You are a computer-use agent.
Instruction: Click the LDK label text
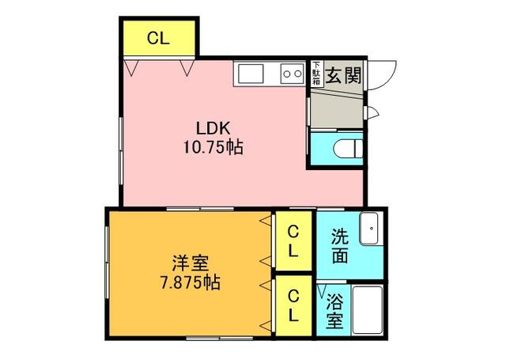tap(213, 128)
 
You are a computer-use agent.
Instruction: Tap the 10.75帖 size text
tap(213, 147)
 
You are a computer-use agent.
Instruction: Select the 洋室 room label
tap(191, 263)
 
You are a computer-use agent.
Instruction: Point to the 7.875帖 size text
tap(191, 282)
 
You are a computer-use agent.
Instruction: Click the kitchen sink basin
tap(251, 74)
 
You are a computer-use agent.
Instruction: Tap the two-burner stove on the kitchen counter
tap(292, 74)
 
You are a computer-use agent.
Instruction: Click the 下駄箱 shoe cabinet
tap(317, 73)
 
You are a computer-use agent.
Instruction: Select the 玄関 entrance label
tap(342, 75)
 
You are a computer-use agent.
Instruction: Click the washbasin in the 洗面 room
tap(371, 229)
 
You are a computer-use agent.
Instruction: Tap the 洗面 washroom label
tap(340, 246)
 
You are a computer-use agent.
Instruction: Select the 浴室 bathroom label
tap(334, 311)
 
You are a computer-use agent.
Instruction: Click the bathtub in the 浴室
tap(367, 309)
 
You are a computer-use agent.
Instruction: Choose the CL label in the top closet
tap(158, 39)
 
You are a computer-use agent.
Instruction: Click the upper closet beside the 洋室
tap(293, 241)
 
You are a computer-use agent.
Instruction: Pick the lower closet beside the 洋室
tap(293, 305)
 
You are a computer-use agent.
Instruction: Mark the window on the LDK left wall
tap(121, 151)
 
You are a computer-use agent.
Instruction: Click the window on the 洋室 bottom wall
tap(220, 338)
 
